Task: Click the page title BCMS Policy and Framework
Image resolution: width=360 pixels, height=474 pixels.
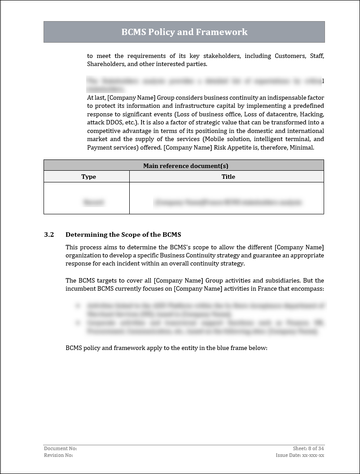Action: [184, 32]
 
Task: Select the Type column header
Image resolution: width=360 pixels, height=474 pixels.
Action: [88, 177]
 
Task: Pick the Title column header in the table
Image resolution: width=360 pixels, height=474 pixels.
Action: [228, 177]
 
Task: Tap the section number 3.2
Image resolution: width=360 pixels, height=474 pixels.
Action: [49, 235]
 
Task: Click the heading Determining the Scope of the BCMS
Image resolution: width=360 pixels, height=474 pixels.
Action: [123, 235]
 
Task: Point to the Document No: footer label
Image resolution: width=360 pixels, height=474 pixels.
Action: [60, 448]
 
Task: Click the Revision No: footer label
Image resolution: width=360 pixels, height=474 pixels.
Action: [58, 455]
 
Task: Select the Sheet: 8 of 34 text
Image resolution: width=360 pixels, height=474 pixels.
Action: [308, 448]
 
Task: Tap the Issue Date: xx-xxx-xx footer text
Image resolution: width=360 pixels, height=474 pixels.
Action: [300, 455]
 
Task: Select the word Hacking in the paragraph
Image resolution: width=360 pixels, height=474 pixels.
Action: [312, 114]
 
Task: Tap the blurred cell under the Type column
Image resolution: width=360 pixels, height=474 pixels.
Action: [93, 203]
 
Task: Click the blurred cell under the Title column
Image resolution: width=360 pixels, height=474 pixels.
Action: [228, 203]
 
